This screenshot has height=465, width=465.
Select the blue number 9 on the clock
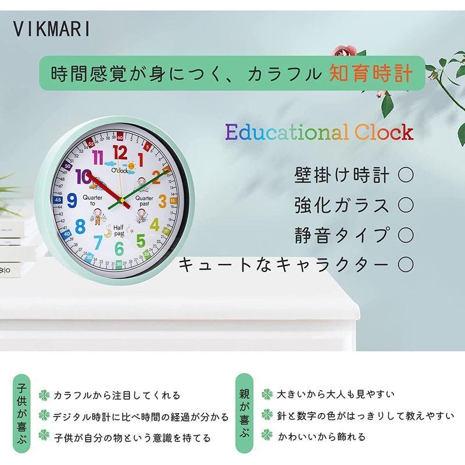click(72, 201)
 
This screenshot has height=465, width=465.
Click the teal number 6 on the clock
click(119, 248)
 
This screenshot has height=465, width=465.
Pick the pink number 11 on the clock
click(99, 159)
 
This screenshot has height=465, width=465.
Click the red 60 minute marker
click(120, 138)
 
